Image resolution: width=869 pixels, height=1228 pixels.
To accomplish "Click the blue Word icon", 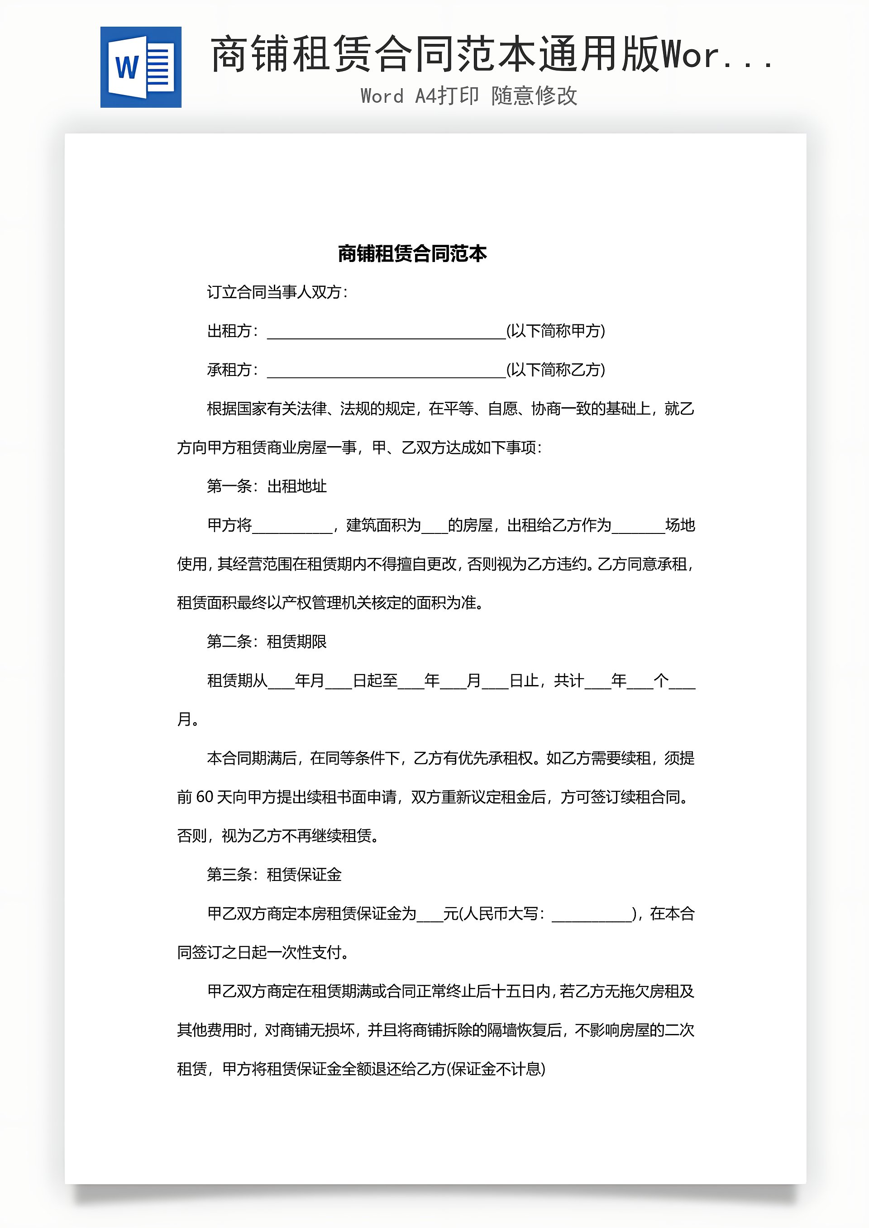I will tap(141, 67).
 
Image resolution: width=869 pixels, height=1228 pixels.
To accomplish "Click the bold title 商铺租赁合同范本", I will tap(412, 253).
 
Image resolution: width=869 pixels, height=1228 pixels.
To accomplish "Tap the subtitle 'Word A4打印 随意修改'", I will tap(469, 96).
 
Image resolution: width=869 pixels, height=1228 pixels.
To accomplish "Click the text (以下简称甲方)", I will tap(555, 331).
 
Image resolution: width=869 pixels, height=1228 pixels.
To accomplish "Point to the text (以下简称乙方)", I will tap(555, 370).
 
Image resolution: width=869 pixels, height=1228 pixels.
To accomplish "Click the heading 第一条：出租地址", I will tap(267, 486).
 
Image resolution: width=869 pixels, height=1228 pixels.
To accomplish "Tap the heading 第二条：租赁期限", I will tap(267, 641).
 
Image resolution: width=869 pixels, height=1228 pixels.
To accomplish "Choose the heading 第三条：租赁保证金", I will tap(274, 875).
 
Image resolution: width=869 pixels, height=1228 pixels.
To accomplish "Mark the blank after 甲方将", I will tap(292, 526).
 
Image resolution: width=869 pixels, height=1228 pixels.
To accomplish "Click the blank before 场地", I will tap(638, 526).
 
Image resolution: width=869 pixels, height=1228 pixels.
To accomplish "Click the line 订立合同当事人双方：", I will tap(277, 292).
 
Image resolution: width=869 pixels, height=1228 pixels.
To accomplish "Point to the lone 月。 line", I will tap(188, 719).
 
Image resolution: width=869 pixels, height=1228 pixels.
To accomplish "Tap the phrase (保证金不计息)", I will tap(496, 1069).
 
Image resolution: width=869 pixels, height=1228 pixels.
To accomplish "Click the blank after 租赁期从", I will tap(281, 681).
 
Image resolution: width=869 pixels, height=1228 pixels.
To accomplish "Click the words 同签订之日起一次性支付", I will tap(262, 952).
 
